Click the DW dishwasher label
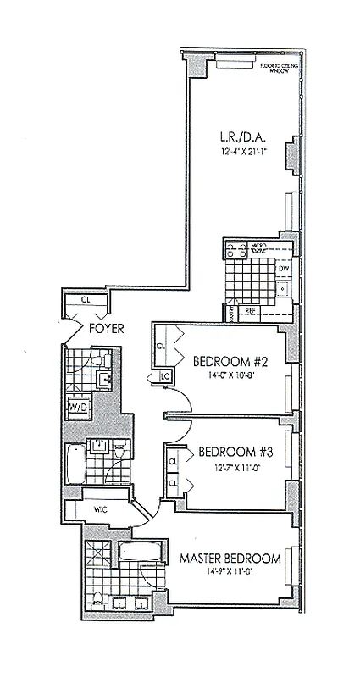[x=285, y=269]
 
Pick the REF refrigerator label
[x=250, y=310]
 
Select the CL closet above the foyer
[x=86, y=299]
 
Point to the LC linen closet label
[x=165, y=376]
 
